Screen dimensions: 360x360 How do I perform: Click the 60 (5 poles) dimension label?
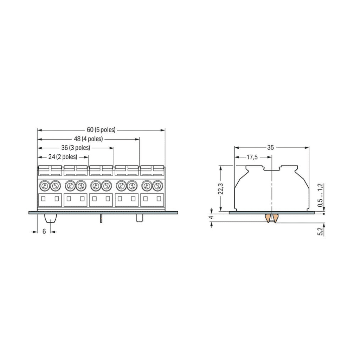101,130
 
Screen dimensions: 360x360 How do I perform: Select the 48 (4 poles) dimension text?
88,139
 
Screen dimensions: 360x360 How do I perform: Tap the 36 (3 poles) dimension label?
76,148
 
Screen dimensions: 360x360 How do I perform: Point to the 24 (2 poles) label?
63,156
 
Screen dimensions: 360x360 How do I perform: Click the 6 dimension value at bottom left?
44,231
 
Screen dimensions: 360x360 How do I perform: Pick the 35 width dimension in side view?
270,148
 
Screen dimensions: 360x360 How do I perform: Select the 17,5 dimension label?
252,157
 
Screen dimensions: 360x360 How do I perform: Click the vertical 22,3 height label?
220,188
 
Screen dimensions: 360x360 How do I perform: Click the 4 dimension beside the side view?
211,218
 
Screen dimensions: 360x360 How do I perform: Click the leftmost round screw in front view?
45,185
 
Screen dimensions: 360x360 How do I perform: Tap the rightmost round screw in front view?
157,185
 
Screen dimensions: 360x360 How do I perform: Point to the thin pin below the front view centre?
101,218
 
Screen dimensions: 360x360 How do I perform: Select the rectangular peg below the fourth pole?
139,218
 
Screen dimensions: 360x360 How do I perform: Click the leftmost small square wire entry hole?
43,199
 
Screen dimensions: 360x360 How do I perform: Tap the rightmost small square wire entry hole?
159,199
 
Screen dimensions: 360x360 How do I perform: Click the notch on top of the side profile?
272,168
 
